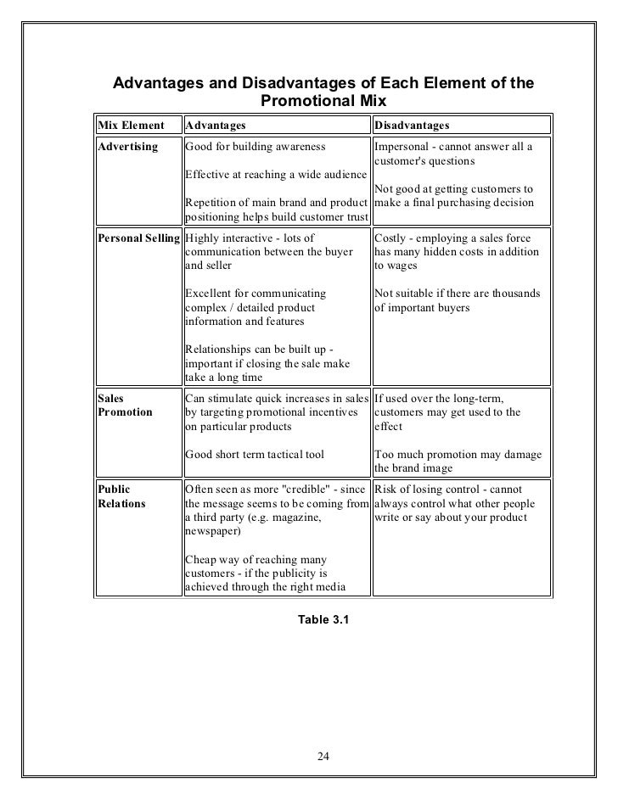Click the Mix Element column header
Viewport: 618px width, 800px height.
tap(128, 126)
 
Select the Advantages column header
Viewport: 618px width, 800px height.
tap(215, 126)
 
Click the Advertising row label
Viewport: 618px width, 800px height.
tap(128, 147)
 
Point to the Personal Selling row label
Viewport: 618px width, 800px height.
tap(139, 238)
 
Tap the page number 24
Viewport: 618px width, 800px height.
tap(323, 757)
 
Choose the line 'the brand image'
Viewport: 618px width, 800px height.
tap(413, 467)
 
